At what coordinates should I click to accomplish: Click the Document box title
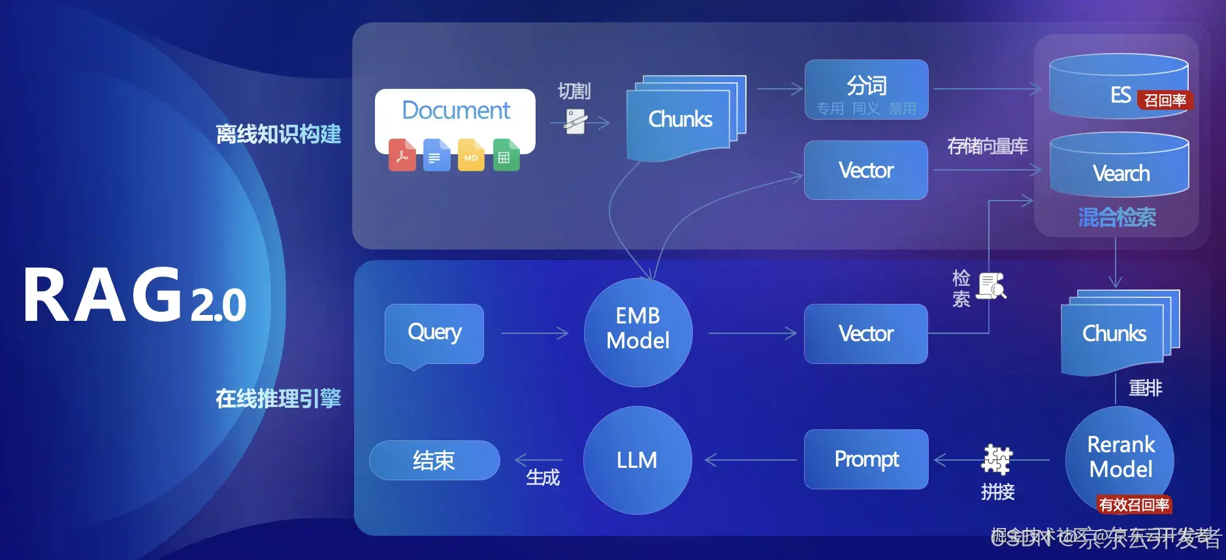[456, 110]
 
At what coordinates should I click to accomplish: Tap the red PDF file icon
[402, 155]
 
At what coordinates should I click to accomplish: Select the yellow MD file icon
[471, 155]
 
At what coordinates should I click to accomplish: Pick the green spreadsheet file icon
[506, 155]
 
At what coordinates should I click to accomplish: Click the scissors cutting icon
[575, 122]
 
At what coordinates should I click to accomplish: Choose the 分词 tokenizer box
[866, 89]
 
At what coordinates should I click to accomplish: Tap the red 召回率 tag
[1165, 100]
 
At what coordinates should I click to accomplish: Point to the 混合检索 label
[1117, 217]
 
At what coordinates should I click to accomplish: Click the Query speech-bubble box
[434, 333]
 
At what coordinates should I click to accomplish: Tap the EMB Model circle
[637, 332]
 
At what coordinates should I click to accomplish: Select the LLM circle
[637, 460]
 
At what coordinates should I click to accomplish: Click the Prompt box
[866, 459]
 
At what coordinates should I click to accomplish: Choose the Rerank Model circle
[1120, 457]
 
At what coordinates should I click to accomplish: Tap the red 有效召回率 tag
[1134, 504]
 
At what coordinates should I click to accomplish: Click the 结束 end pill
[434, 460]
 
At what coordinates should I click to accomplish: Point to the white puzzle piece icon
[997, 459]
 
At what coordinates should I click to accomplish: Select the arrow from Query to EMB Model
[534, 333]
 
